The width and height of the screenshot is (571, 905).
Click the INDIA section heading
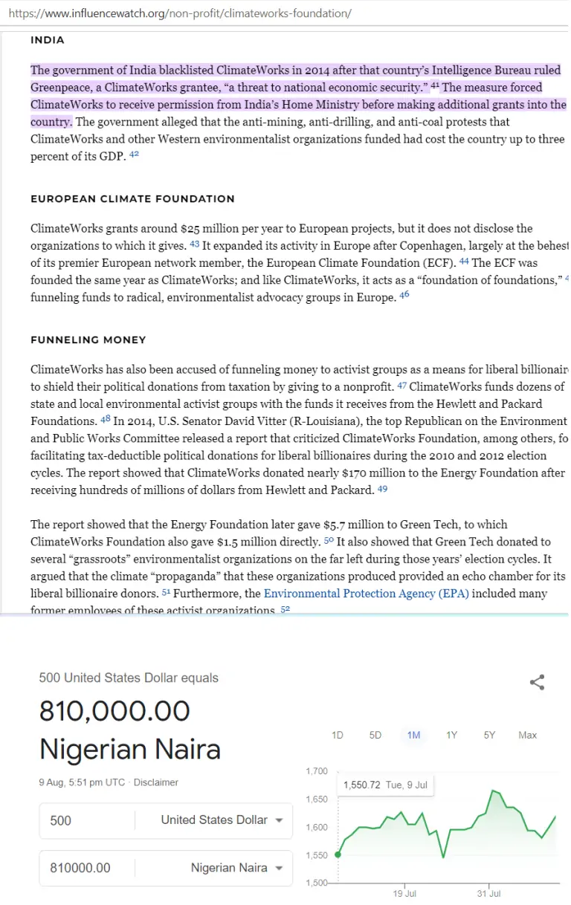[48, 40]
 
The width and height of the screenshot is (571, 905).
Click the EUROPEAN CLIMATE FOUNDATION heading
[132, 199]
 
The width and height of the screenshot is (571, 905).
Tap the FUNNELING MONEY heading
[88, 340]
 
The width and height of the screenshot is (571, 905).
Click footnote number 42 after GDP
[134, 155]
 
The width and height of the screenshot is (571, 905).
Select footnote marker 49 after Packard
[382, 489]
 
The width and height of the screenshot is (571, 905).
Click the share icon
[537, 682]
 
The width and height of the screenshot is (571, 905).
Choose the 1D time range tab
[338, 735]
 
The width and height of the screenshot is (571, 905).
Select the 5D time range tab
[375, 735]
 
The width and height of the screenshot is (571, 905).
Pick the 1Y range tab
[451, 735]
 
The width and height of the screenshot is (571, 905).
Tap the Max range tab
[527, 735]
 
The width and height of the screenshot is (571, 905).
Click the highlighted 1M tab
[413, 735]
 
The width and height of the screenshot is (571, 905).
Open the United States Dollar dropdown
[222, 820]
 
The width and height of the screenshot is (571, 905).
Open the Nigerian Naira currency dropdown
[236, 868]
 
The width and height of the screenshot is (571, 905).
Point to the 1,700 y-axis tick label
[317, 771]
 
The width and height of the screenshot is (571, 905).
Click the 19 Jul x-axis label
[404, 894]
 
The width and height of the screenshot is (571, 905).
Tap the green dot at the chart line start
[338, 854]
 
